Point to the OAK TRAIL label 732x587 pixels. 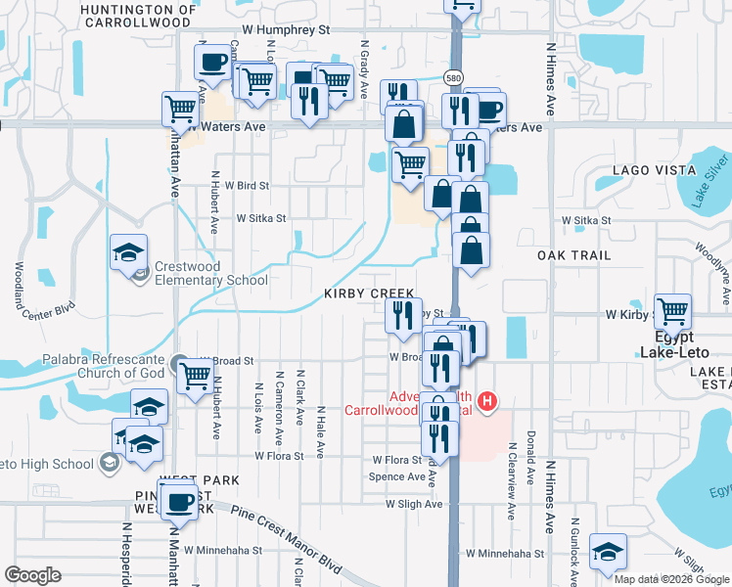[x=573, y=255]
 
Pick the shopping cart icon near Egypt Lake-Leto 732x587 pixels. [x=672, y=312]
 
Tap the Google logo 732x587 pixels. [x=32, y=575]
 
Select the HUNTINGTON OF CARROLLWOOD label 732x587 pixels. [x=137, y=15]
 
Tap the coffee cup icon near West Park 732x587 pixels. [x=177, y=502]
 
